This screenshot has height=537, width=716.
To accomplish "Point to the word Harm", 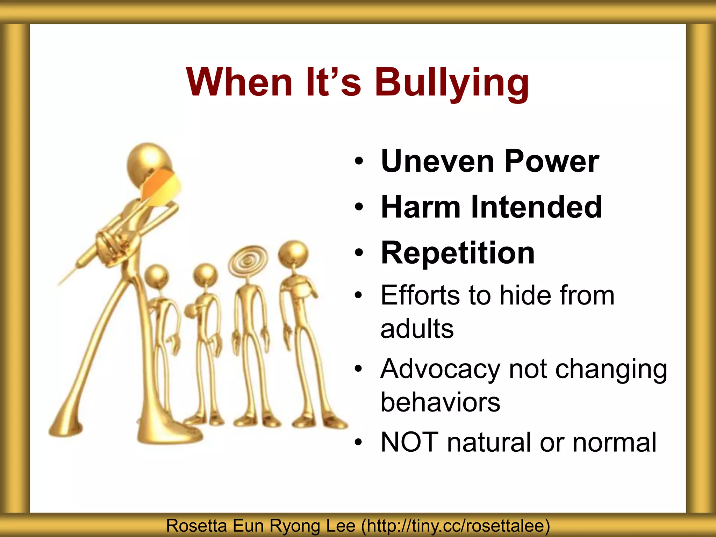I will [x=421, y=207].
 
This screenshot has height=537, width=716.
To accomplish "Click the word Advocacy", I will [x=441, y=369].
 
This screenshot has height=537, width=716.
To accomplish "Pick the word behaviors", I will [x=440, y=402].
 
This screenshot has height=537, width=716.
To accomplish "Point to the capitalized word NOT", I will [x=409, y=442].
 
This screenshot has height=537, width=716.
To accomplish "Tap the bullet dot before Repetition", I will [x=358, y=253].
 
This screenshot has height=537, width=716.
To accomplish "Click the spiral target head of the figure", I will [x=248, y=260].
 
